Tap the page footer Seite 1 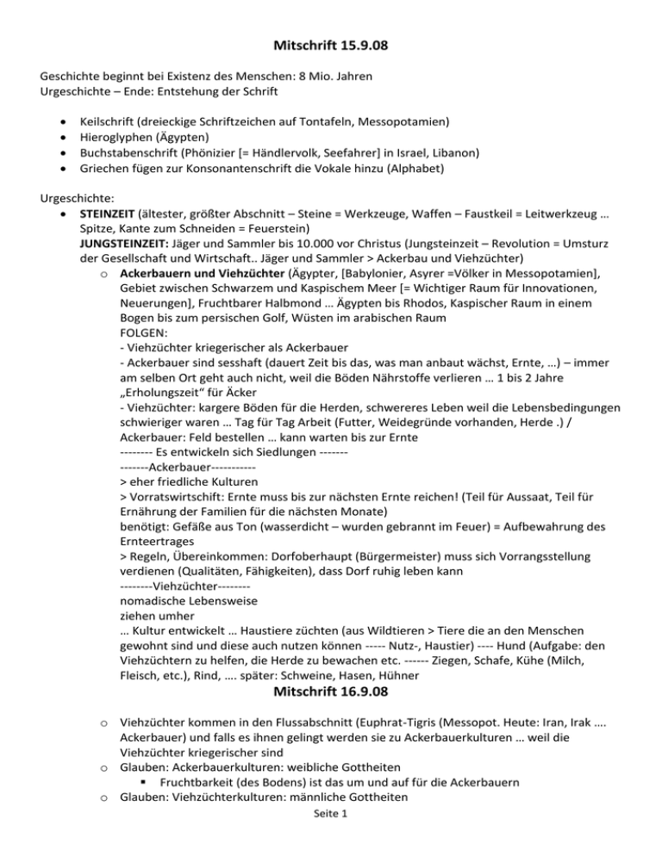[330, 840]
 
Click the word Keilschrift [107, 122]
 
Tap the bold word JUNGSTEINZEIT [123, 238]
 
